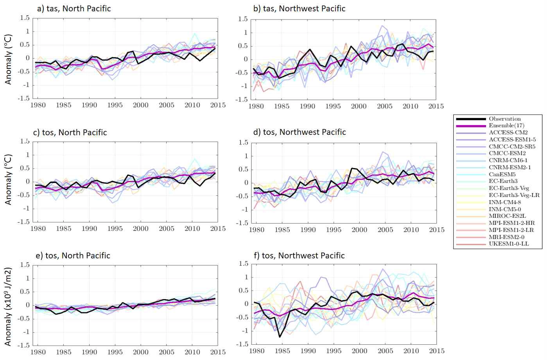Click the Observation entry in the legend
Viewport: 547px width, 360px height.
504,119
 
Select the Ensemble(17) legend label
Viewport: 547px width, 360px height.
506,125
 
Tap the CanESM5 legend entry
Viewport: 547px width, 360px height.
502,174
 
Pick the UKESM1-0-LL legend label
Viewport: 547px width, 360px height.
509,244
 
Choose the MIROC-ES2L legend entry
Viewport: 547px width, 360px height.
507,216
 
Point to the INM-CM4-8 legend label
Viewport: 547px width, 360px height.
505,202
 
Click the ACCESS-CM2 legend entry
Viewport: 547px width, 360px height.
508,133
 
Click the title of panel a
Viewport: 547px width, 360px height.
74,9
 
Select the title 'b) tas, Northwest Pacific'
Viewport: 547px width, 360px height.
300,9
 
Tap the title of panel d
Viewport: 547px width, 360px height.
300,132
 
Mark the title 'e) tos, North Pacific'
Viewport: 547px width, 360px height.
73,256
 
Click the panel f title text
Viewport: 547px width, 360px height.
299,256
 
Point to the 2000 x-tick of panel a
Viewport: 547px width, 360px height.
141,105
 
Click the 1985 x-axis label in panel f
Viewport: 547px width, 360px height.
282,351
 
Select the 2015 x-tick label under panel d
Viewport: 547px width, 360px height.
437,230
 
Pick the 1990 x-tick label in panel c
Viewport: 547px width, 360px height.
90,229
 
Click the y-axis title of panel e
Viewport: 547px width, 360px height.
8,306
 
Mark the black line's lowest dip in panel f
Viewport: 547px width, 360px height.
280,337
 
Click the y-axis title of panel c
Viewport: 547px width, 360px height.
8,179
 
